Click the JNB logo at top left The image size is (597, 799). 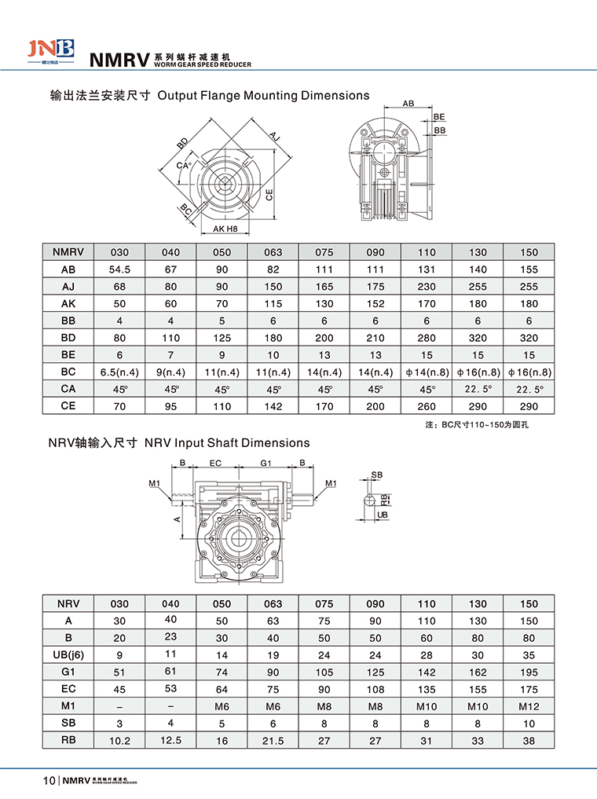53,49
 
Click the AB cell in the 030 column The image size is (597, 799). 119,269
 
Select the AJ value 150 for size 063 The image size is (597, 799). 273,287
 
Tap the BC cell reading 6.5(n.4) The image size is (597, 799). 119,371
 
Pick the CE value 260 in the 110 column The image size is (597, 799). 427,406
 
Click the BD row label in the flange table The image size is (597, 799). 68,337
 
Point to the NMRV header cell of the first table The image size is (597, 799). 68,252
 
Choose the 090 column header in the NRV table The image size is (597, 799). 375,603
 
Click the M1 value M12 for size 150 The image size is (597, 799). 529,706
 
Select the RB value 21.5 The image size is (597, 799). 273,740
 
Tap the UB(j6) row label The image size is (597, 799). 68,654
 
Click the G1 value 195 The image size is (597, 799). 529,672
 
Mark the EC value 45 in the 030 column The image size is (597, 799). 119,689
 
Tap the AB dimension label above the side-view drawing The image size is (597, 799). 408,104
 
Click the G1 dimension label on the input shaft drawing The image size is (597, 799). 266,464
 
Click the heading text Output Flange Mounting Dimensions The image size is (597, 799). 263,95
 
